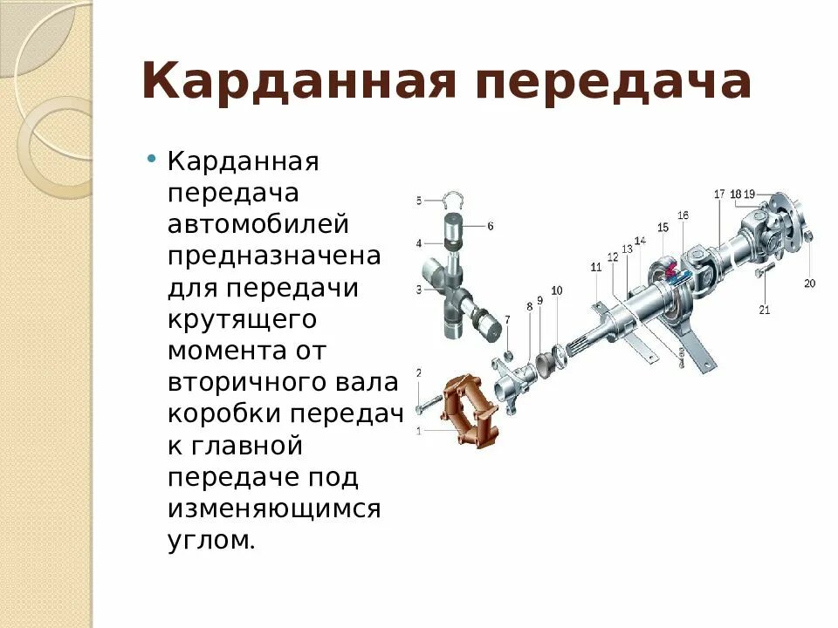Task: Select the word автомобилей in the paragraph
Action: [258, 225]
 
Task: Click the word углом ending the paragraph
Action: [210, 540]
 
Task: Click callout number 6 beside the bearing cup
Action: [491, 226]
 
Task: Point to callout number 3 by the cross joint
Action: [419, 290]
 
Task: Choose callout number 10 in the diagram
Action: [557, 290]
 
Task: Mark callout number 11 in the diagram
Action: [596, 268]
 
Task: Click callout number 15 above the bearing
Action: [663, 229]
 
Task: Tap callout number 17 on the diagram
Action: [719, 194]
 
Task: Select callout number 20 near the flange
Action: [809, 283]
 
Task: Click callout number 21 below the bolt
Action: [765, 309]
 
